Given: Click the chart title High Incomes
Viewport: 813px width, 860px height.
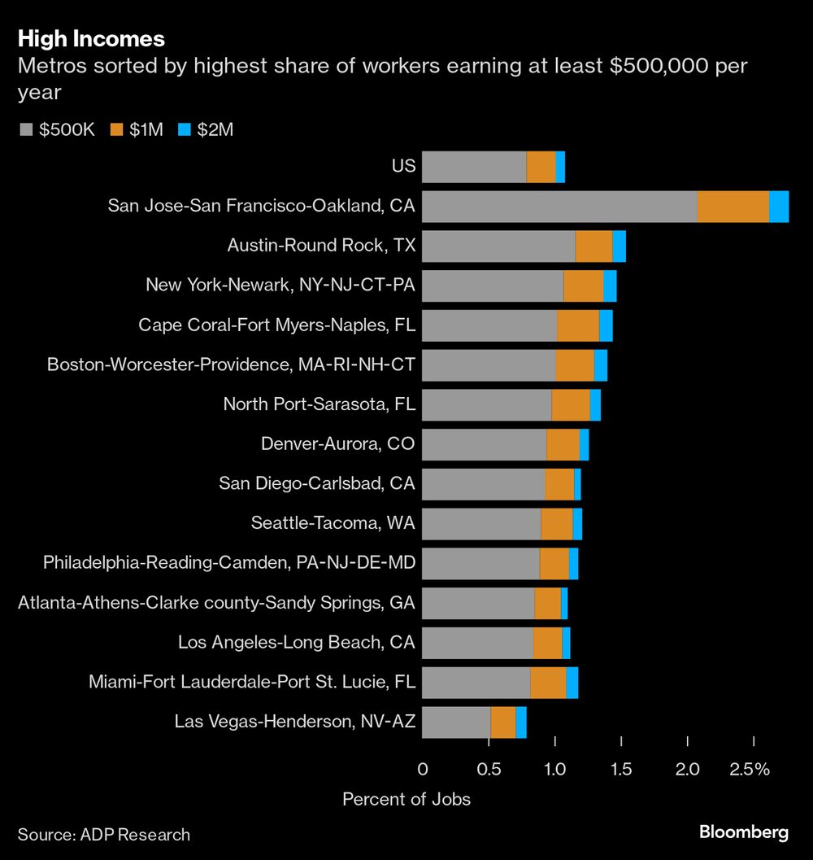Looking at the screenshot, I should pos(91,38).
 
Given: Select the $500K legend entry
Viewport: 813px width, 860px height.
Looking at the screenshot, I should pos(56,129).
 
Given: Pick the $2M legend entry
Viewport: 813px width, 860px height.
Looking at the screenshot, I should pos(204,129).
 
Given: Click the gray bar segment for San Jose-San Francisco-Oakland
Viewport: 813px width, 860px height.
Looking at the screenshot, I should pos(559,207).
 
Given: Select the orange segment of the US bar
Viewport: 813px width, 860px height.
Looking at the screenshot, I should pos(541,167).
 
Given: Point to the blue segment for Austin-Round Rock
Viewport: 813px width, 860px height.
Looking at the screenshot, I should pos(619,247).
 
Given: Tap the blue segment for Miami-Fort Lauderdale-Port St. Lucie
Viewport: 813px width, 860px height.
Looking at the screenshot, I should pos(572,683).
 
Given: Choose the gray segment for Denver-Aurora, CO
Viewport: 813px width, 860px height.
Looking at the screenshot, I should pos(485,445).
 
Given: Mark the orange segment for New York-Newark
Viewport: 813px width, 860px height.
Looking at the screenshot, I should pos(583,286).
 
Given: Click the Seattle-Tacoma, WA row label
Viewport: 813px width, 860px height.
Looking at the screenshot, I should pos(333,523).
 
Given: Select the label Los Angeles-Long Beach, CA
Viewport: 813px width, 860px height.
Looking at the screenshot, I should pos(296,643).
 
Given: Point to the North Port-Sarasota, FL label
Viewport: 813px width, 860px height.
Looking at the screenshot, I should pos(319,404).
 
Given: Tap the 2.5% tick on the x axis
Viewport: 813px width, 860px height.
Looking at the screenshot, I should pos(750,770).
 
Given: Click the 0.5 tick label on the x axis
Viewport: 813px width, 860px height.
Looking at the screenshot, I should pos(488,770).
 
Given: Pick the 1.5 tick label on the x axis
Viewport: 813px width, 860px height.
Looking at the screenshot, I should pos(621,770).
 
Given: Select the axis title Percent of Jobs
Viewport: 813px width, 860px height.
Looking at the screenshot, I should pos(406,799).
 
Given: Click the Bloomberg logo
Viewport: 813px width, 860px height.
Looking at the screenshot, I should pos(744,832).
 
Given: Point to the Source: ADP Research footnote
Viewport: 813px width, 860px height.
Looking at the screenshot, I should pos(104,834).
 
